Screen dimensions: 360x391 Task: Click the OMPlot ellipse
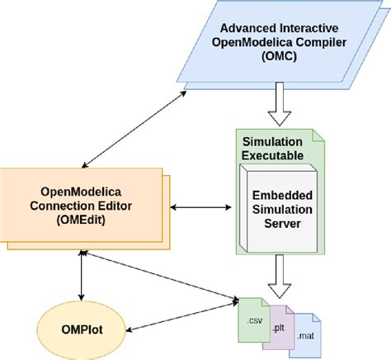tap(82, 326)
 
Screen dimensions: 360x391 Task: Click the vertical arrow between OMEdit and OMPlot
tap(82, 277)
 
